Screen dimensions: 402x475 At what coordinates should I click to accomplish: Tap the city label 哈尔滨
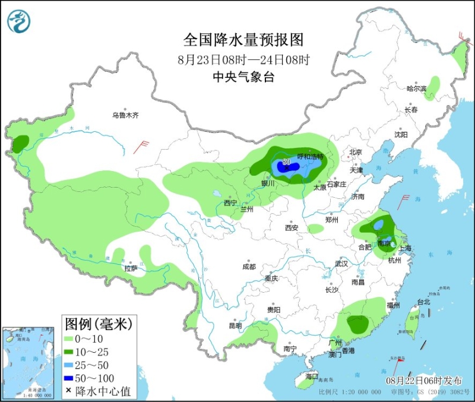(416, 88)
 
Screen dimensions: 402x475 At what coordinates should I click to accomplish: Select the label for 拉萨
(131, 268)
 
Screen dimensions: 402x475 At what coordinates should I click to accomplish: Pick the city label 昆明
(235, 325)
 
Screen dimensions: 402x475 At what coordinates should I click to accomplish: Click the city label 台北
(424, 302)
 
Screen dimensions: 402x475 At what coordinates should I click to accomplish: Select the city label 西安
(291, 227)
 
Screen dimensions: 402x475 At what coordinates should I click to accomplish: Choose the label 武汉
(341, 263)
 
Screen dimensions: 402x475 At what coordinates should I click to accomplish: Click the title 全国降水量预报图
(244, 40)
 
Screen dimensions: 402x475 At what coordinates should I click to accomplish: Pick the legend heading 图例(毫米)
(97, 324)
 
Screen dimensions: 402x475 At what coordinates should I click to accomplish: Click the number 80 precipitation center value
(286, 162)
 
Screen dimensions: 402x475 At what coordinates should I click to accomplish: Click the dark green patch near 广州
(358, 324)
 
